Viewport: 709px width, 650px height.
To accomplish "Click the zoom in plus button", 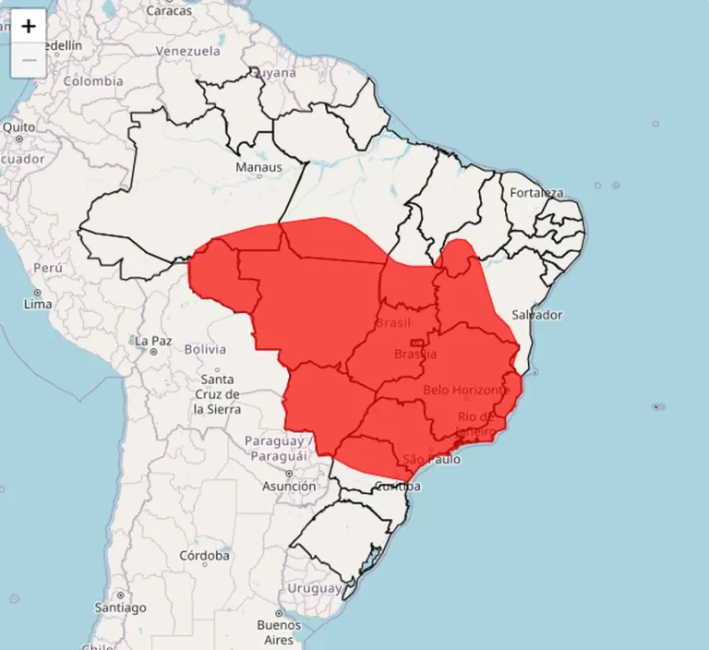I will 29,27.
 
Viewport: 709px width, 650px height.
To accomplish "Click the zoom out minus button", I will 29,60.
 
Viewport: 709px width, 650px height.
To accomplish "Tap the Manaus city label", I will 258,167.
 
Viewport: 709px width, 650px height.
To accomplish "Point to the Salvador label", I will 536,315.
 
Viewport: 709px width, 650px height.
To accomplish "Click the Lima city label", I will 38,303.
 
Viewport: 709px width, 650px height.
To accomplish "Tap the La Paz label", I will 153,341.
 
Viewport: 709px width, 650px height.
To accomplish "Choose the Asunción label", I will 289,486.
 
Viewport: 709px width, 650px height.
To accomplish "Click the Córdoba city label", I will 205,556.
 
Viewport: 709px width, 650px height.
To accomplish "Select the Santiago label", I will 120,608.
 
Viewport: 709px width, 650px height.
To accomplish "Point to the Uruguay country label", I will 315,588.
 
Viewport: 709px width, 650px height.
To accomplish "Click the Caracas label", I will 168,11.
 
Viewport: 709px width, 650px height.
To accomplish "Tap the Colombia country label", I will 93,81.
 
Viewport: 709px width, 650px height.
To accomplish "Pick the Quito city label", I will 18,126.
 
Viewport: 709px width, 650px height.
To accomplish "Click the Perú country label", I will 47,268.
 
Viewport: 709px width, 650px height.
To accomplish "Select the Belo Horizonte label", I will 466,391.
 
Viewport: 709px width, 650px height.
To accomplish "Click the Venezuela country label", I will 187,51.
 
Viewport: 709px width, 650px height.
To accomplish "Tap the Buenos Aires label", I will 279,632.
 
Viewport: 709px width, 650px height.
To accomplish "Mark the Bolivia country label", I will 205,349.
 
